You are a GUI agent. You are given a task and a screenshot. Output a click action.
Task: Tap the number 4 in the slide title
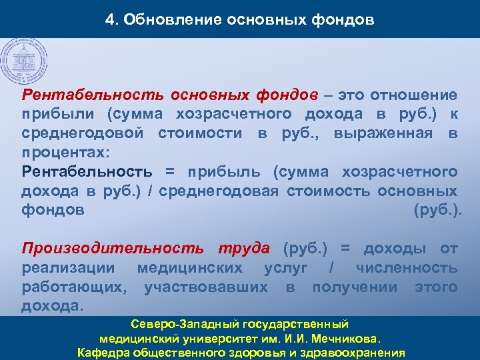109,19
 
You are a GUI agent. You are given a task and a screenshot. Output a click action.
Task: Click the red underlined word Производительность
113,249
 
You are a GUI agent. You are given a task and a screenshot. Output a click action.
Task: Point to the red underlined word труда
243,249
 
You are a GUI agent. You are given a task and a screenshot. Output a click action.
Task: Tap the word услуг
286,268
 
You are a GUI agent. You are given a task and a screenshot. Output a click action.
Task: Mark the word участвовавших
206,287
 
